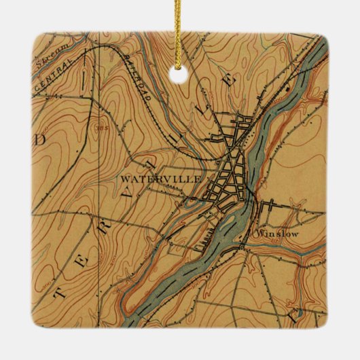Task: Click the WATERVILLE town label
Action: point(161,179)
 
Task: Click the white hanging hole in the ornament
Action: point(180,69)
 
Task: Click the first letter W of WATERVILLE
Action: point(125,179)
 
